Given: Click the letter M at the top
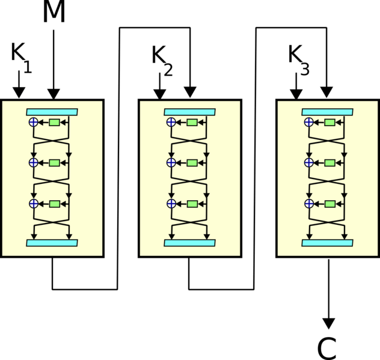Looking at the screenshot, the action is [x=54, y=11].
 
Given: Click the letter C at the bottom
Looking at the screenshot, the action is [x=326, y=348].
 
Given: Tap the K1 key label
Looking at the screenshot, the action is [x=21, y=58].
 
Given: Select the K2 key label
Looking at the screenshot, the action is [x=162, y=61].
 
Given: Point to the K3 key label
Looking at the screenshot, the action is [x=299, y=60].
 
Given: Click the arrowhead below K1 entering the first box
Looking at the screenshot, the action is [x=19, y=94].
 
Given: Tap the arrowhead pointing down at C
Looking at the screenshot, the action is [x=329, y=324].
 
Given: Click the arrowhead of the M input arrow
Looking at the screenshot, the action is [x=54, y=94].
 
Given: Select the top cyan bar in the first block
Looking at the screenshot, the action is [x=52, y=112].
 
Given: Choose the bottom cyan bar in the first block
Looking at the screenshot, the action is [x=52, y=243].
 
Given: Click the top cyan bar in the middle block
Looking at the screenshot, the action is [x=190, y=112].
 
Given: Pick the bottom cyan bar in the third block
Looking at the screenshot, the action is [x=328, y=243].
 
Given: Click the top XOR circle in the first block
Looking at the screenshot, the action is [x=34, y=122].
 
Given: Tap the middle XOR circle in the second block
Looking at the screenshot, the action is [x=171, y=162].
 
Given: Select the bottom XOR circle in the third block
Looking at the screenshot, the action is [x=309, y=204].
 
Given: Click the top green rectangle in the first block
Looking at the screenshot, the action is [x=54, y=123].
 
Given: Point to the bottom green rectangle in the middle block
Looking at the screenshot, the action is [x=192, y=204].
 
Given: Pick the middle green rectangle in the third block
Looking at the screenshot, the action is [x=329, y=163].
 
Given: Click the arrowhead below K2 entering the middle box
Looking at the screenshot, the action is [x=160, y=94].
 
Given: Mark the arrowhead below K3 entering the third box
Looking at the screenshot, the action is [x=296, y=94].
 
